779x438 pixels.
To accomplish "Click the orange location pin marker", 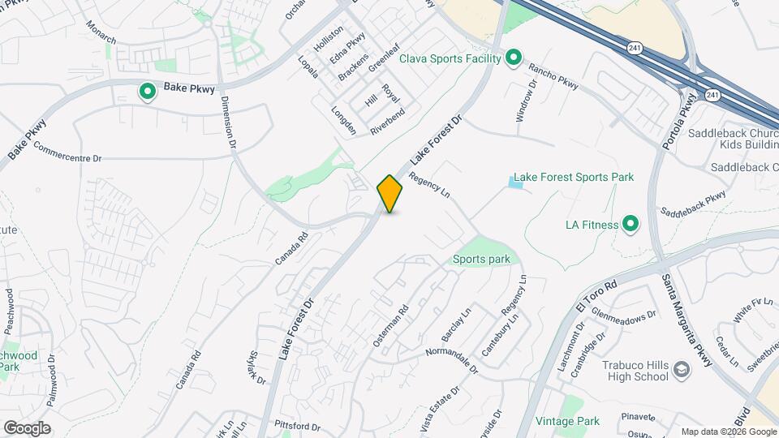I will [x=390, y=194].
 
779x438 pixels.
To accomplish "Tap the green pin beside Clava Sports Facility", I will [x=513, y=58].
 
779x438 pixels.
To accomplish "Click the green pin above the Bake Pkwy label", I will [x=147, y=92].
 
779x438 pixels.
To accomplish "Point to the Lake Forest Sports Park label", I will [x=574, y=177].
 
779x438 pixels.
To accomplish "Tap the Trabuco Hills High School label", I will [x=635, y=371].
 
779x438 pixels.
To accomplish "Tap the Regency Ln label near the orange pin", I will [x=429, y=186].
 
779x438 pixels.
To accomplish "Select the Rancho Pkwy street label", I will [x=553, y=77].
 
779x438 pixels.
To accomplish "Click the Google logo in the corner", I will [x=27, y=427].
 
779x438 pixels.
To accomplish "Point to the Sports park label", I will [x=481, y=260].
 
